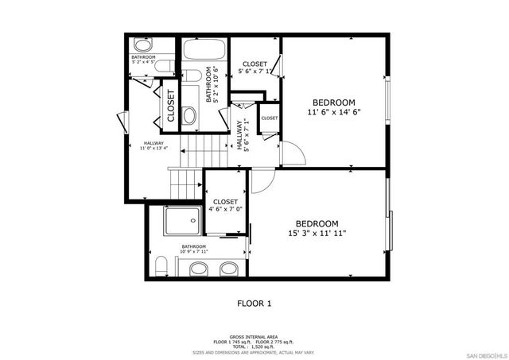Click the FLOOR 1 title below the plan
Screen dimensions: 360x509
point(254,303)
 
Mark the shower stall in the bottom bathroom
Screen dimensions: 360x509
point(184,220)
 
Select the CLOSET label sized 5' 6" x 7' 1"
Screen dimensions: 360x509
point(254,64)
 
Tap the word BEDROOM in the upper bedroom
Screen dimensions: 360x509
point(333,103)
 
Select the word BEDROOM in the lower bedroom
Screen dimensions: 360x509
point(317,223)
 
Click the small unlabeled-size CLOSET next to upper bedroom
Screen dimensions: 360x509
point(270,118)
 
